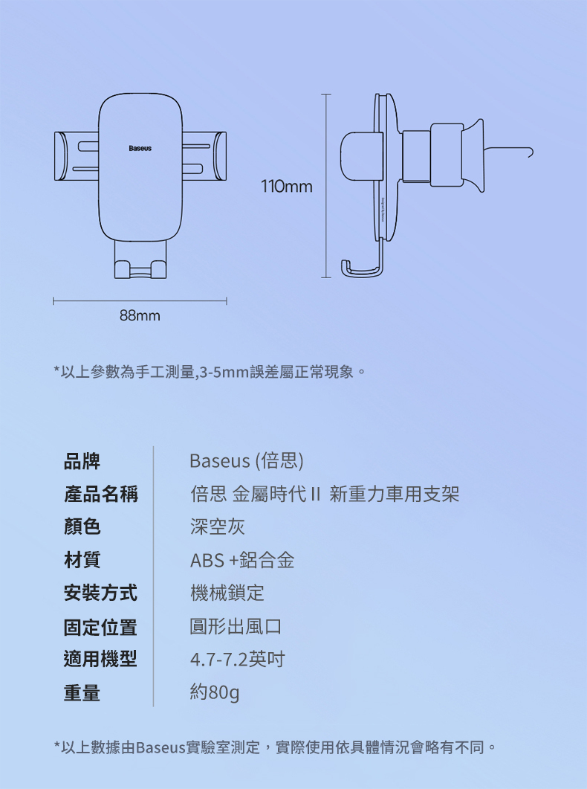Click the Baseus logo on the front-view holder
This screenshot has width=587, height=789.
point(140,149)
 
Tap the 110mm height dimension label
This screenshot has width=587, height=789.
point(286,186)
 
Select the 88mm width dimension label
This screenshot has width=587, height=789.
point(140,316)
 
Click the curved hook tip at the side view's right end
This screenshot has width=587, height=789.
point(528,152)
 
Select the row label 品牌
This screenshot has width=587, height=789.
point(82,461)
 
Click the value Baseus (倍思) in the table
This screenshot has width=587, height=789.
point(247,461)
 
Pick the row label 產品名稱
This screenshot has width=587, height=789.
point(100,494)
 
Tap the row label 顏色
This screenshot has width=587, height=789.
point(82,527)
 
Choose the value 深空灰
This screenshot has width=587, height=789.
point(217,527)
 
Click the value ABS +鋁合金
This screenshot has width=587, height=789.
point(242,560)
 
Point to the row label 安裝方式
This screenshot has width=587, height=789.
point(100,593)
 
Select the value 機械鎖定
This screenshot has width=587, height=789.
point(227,593)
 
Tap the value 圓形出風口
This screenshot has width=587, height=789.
point(236,626)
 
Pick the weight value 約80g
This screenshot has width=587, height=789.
point(215,693)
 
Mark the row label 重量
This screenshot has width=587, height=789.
point(82,693)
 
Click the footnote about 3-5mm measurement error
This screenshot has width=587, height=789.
point(209,370)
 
